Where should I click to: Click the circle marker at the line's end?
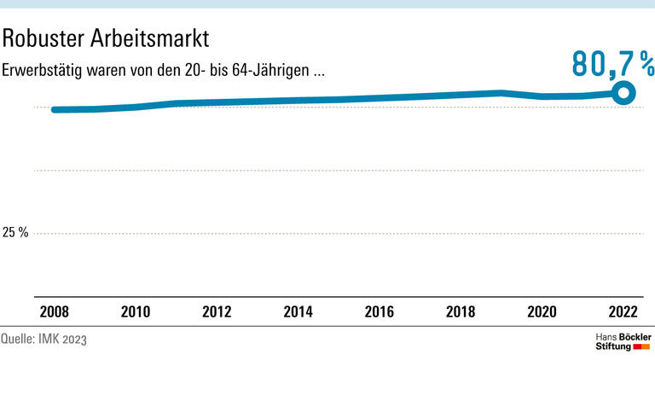624,93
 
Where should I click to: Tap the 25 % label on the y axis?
15,232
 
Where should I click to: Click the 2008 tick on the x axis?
53,311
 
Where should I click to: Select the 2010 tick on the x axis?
135,311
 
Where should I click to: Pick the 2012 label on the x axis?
217,311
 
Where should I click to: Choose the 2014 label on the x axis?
298,311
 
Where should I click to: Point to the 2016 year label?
380,311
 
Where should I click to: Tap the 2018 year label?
461,311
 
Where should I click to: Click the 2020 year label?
542,311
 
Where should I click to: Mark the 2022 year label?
623,311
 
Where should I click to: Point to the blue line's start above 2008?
54,109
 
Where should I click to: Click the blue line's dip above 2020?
542,96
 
